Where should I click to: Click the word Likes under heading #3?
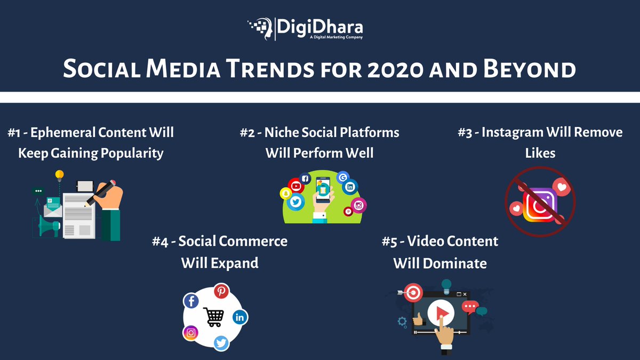coord(539,153)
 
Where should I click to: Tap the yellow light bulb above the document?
coord(59,175)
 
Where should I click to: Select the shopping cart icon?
coord(213,317)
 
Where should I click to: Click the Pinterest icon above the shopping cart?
coord(221,291)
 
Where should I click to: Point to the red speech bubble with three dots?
coord(470,307)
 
